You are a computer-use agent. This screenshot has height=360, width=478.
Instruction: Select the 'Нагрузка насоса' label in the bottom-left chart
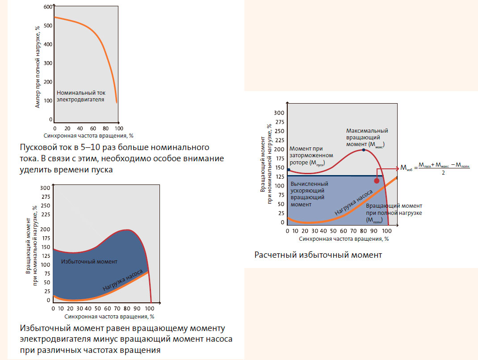(x=123, y=281)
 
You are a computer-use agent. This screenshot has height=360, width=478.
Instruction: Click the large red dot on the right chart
(x=377, y=181)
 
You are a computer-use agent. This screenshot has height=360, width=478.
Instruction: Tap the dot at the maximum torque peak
(x=363, y=150)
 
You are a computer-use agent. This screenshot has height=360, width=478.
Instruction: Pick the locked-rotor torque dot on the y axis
(x=289, y=170)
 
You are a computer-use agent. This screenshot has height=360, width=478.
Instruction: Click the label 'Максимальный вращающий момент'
(x=367, y=138)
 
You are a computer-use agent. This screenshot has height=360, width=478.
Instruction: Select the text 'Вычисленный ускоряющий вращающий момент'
(x=309, y=194)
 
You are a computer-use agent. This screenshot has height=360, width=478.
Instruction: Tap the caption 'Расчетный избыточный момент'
(x=318, y=255)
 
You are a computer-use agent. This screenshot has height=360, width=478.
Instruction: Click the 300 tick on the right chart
(x=279, y=112)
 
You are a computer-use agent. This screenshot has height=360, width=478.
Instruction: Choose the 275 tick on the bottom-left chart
(x=45, y=196)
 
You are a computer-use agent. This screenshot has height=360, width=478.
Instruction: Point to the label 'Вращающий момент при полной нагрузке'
(x=394, y=213)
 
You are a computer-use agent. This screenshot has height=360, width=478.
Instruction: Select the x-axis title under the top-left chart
(x=89, y=134)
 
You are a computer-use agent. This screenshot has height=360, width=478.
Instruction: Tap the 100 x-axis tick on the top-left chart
(x=118, y=127)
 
